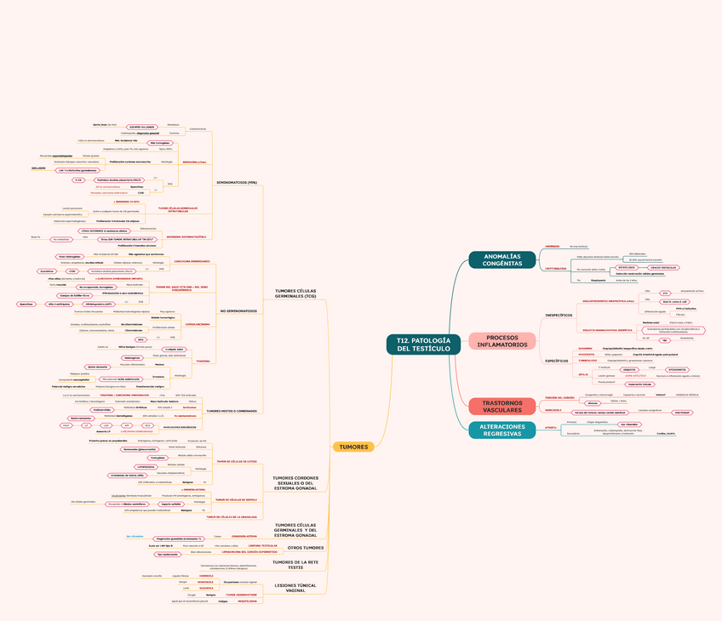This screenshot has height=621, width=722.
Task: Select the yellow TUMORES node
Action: (353, 447)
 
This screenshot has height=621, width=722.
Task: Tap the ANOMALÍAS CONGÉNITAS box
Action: (501, 259)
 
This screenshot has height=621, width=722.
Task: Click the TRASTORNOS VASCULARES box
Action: (501, 406)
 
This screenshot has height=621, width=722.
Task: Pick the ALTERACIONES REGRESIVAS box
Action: (501, 430)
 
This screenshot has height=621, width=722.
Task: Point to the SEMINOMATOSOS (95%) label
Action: (242, 183)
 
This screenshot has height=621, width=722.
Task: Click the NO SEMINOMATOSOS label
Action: (238, 310)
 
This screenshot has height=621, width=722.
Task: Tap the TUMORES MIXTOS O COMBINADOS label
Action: (232, 410)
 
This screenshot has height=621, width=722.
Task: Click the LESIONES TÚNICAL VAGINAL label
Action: (295, 588)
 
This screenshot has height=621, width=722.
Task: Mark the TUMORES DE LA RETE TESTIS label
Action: (295, 565)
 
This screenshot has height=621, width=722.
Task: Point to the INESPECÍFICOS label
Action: (559, 316)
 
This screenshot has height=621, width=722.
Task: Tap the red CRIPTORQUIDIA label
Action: (556, 268)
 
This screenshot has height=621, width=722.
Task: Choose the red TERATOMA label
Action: (203, 361)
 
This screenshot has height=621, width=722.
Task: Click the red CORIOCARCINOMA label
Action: (198, 323)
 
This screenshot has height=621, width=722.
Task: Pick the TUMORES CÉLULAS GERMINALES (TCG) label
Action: (295, 293)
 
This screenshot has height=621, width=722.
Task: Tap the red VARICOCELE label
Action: (553, 410)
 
